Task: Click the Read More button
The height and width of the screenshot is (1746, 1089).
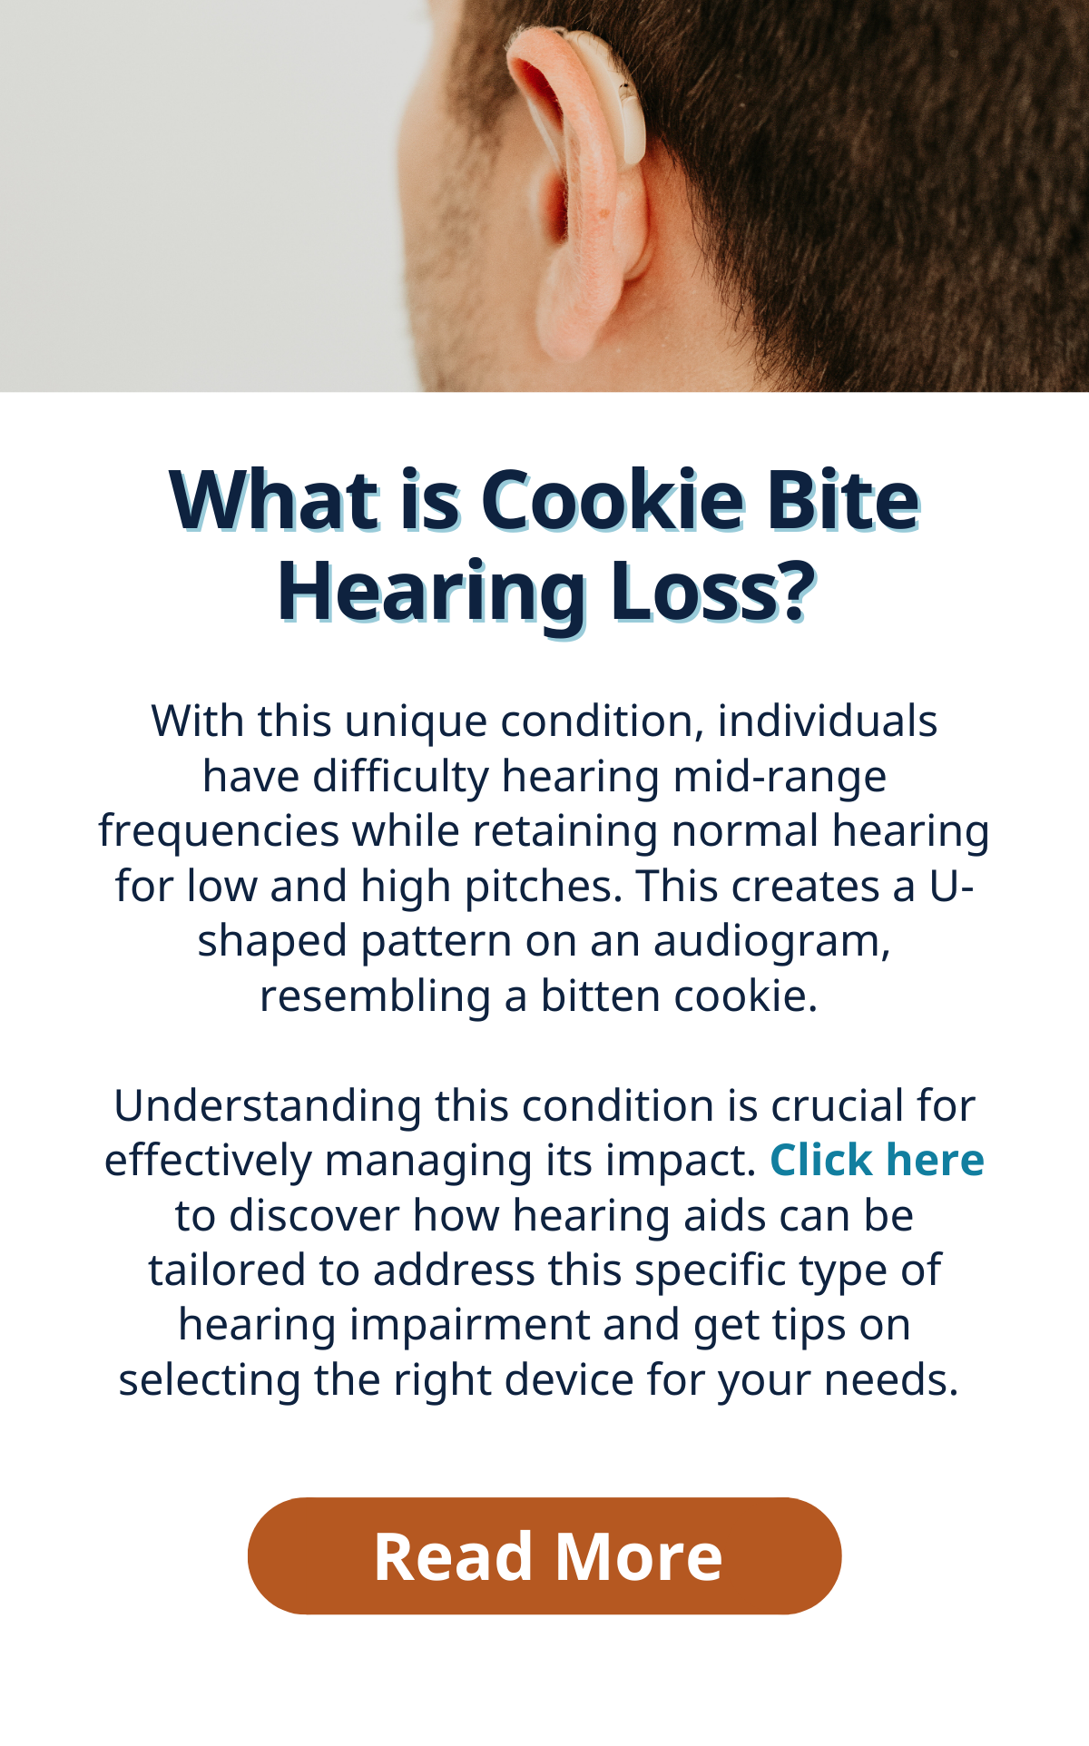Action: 544,1555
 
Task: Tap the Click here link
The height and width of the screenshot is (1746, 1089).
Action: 877,1160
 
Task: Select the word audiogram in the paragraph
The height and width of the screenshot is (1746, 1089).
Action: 772,942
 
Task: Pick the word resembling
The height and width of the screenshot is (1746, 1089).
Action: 375,996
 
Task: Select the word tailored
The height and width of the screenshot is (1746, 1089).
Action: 227,1270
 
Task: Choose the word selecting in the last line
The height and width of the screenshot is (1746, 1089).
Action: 210,1381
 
